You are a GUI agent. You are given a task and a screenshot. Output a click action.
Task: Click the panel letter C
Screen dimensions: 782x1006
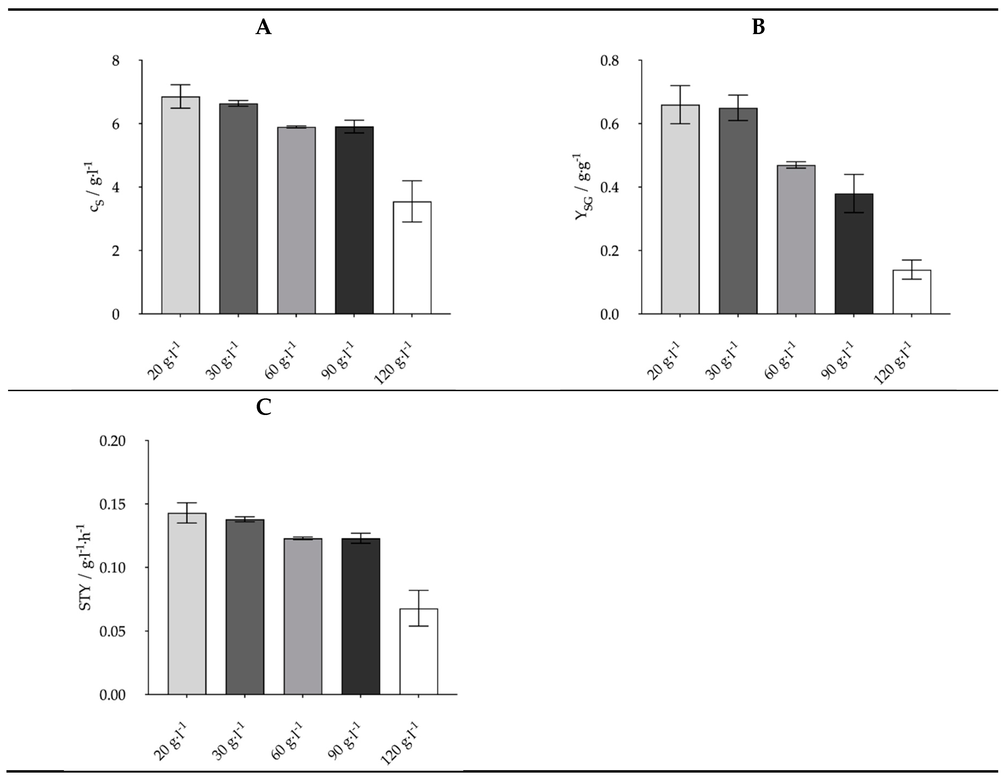[x=263, y=408]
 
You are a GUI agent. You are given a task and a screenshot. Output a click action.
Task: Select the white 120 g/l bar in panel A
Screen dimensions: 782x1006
[x=412, y=258]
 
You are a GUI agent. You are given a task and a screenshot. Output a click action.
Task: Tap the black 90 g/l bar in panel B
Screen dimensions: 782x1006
[x=853, y=254]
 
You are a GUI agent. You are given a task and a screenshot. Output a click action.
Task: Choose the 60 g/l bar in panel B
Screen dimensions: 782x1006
[x=796, y=239]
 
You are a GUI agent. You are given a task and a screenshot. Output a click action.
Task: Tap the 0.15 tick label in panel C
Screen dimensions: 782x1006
[x=113, y=504]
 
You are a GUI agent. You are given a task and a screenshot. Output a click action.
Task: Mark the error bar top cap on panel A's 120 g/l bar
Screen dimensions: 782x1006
[x=412, y=181]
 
